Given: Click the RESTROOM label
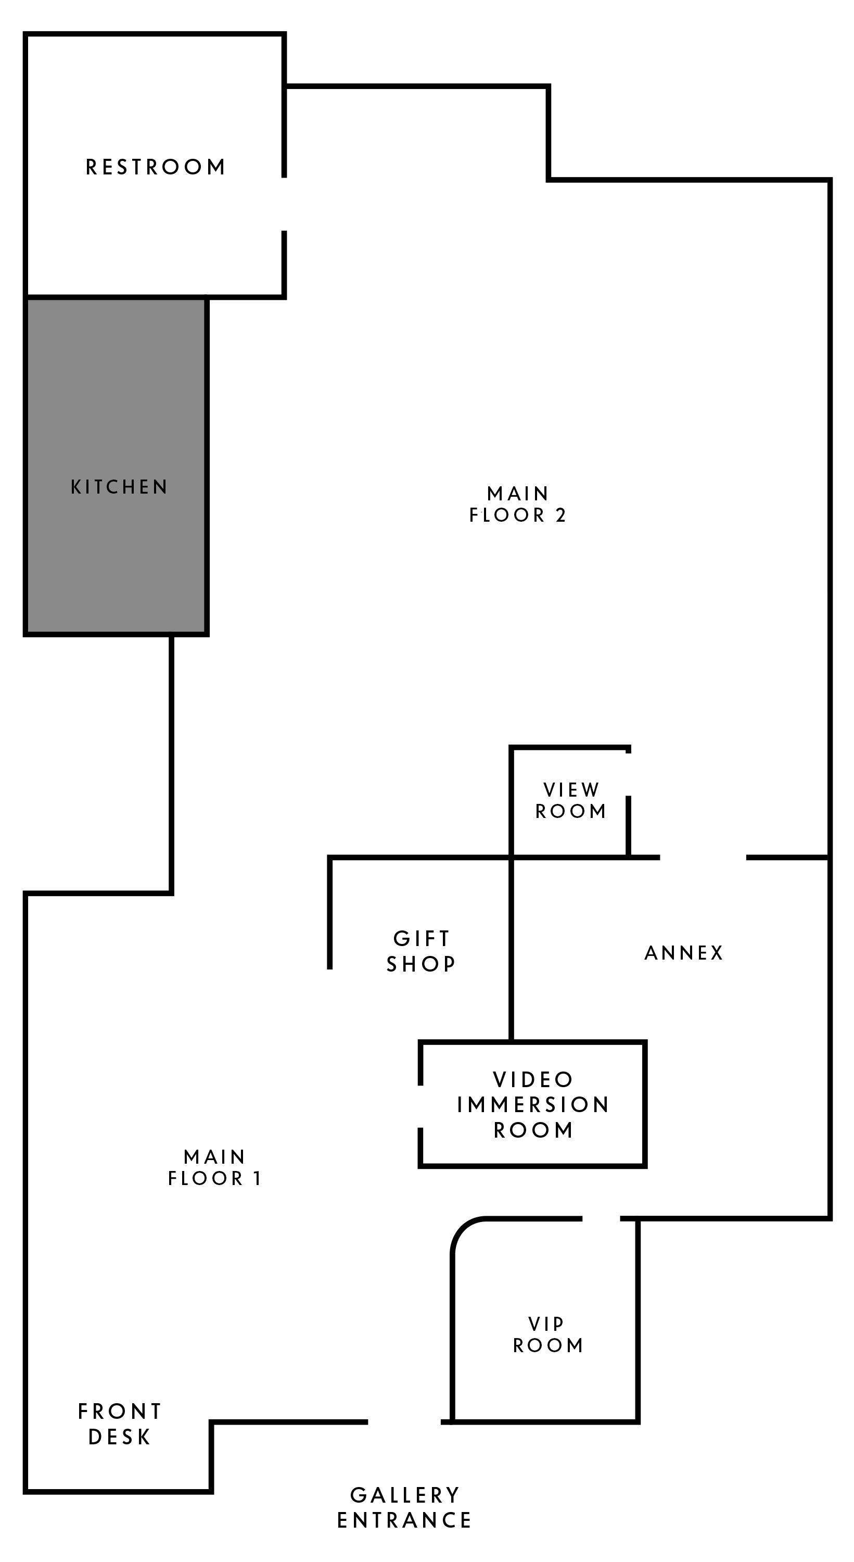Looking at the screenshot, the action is [156, 167].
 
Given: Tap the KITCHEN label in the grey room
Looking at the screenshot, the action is [119, 487].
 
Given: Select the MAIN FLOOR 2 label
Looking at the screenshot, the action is [518, 504].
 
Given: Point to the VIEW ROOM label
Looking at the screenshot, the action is [571, 800].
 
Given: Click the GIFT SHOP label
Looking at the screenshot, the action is [421, 951].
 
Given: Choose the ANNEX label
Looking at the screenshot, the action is [684, 953].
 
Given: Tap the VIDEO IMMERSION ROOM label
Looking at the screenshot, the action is [533, 1105].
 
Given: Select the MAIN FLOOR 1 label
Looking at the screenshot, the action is [215, 1167].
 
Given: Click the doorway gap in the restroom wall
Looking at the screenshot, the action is [284, 204].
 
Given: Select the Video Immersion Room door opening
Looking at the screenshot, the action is [420, 1106].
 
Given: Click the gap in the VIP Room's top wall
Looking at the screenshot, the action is [601, 1219].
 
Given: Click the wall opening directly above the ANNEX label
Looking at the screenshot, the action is [703, 858].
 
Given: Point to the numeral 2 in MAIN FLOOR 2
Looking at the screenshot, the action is [560, 515].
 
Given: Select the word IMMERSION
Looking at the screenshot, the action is [533, 1105].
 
